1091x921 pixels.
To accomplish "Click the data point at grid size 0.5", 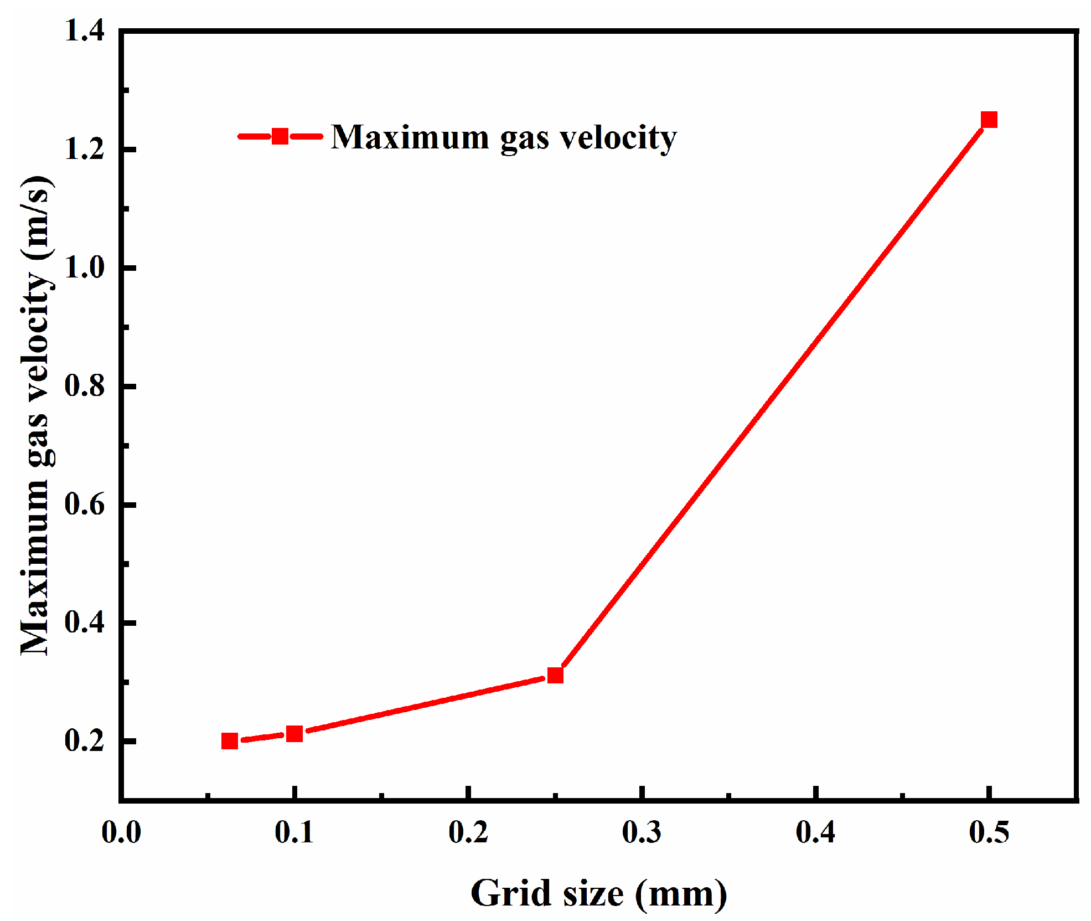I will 989,120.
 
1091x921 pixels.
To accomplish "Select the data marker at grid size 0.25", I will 555,675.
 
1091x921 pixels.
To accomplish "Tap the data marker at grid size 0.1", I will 294,734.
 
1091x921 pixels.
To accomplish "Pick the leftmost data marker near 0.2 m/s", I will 230,741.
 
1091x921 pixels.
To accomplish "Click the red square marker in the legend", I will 280,136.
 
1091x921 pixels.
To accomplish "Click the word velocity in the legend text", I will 618,137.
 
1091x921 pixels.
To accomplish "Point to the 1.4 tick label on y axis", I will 85,31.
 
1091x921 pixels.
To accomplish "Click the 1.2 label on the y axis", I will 85,150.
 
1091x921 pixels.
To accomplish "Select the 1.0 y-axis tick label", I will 85,268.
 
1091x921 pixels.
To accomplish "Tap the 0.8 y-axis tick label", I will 85,386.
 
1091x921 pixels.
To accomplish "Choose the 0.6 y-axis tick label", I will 85,505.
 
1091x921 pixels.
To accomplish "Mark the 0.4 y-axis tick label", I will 85,622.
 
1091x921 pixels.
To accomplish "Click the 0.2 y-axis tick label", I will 85,741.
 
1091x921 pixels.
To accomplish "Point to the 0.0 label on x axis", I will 121,832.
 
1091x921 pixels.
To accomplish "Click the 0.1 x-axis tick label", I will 294,832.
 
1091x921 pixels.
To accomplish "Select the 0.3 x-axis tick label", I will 642,832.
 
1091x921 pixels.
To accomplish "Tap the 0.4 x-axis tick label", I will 815,832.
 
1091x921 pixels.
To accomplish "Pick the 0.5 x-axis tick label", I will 989,832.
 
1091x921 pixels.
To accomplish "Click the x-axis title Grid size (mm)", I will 599,893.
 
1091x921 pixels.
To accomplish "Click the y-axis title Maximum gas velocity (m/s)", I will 37,415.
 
